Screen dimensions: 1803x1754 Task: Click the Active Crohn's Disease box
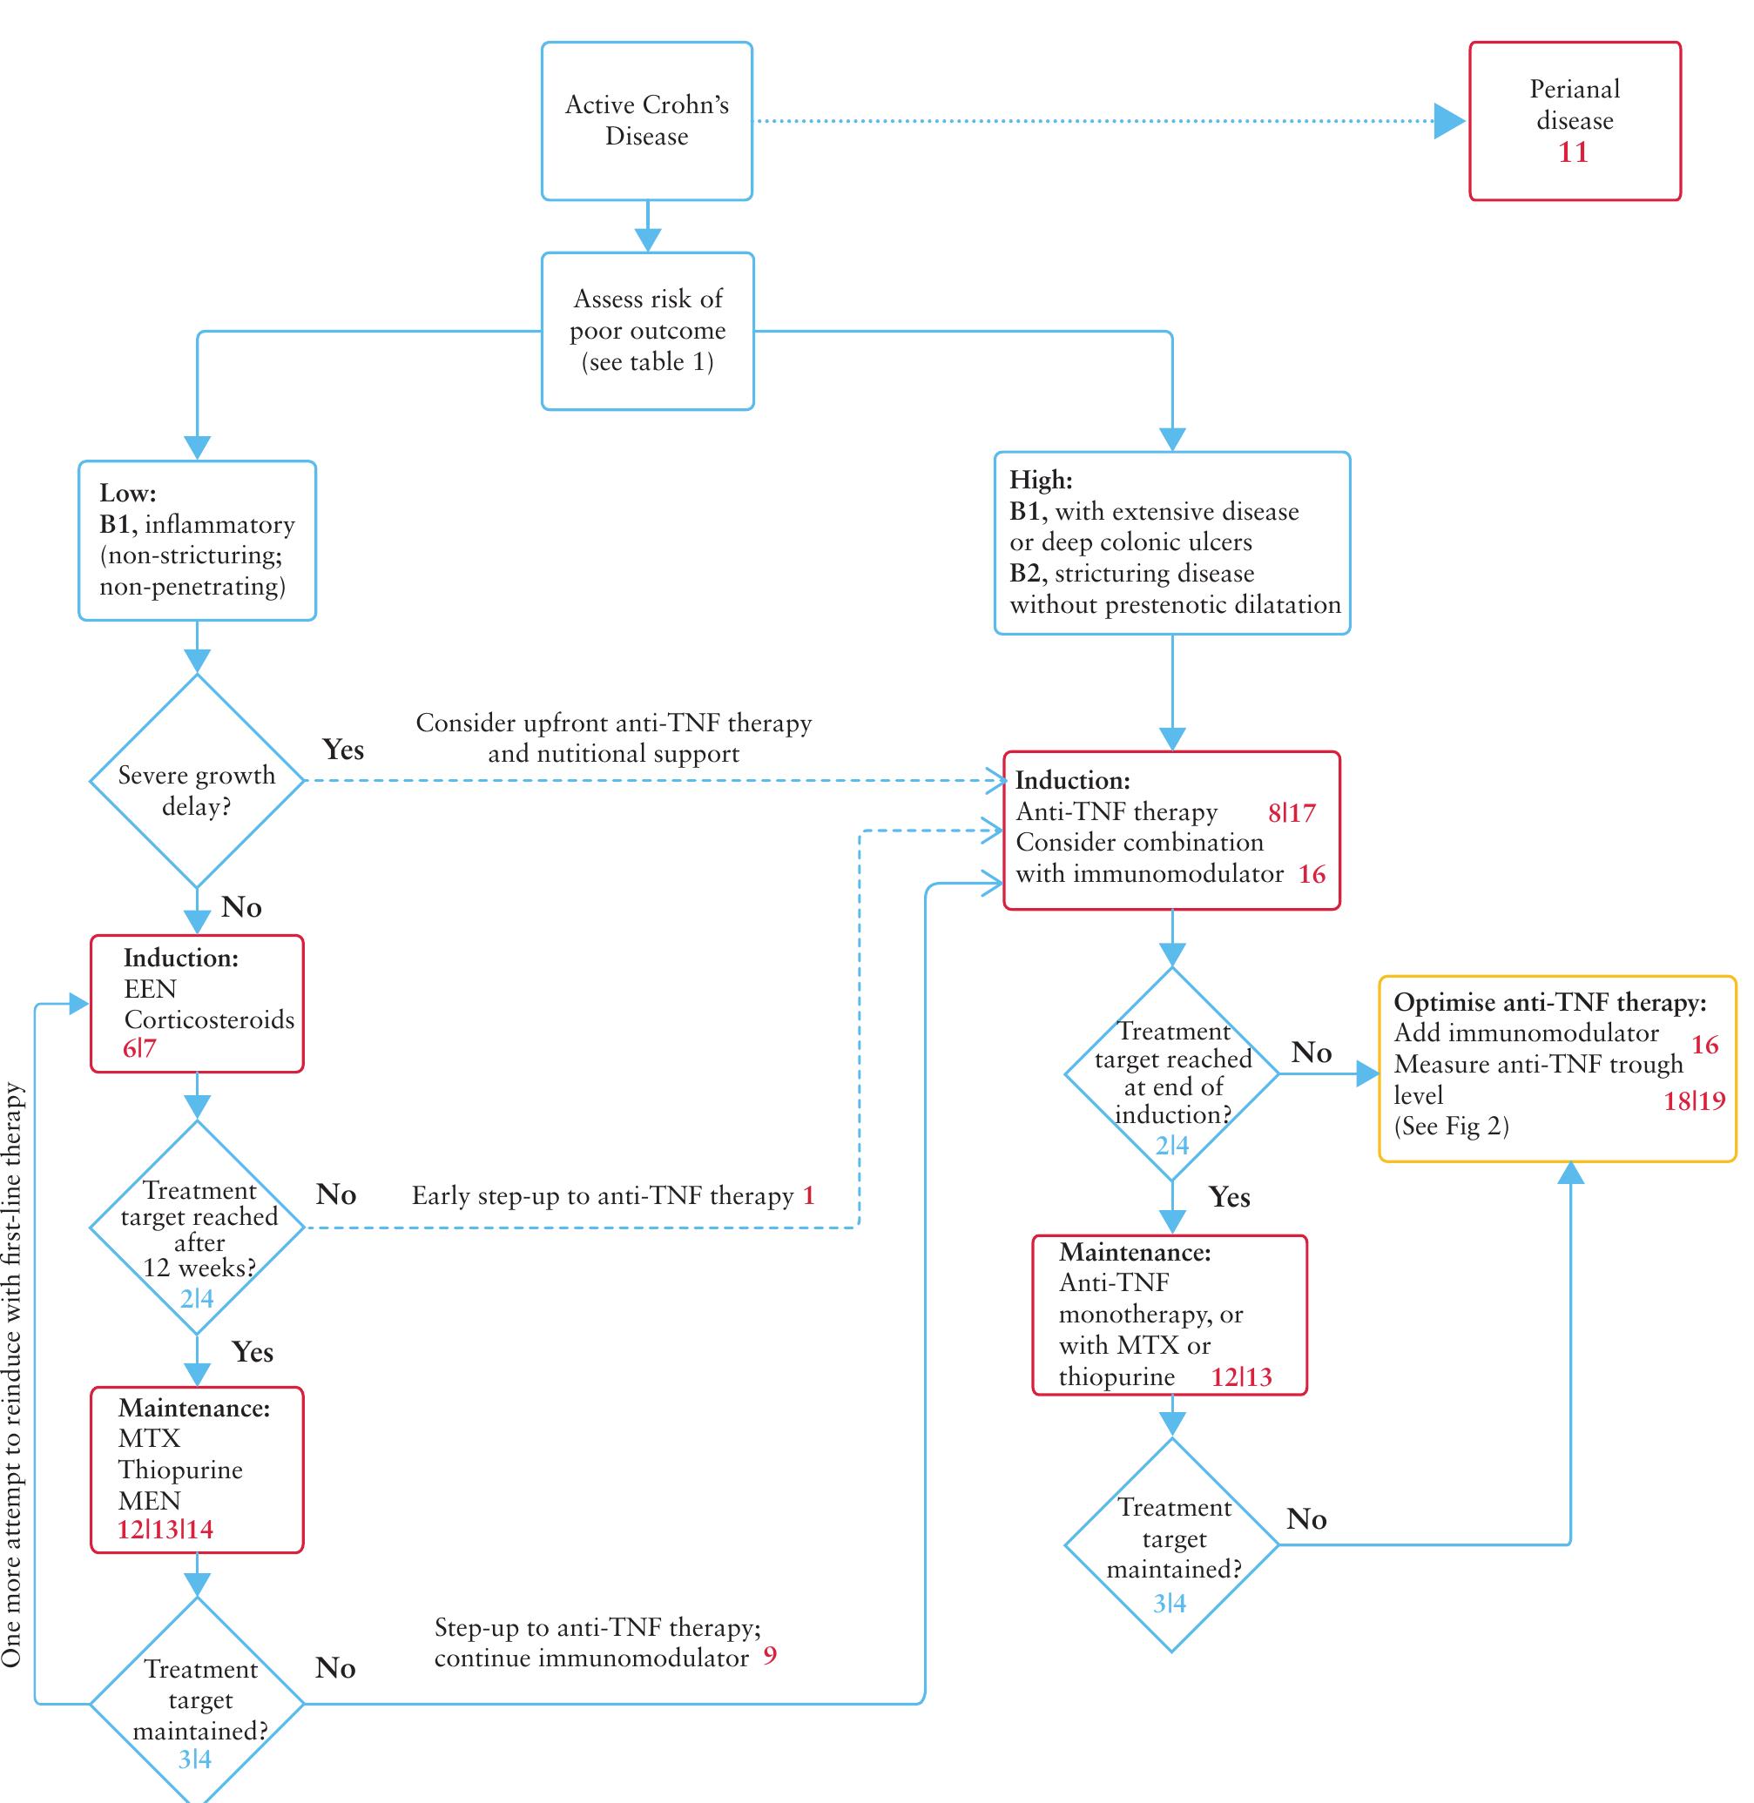coord(647,121)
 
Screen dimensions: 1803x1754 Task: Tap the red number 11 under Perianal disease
coord(1574,152)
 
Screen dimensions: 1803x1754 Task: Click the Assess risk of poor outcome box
coord(647,331)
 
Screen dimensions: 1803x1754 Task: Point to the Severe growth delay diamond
coord(196,781)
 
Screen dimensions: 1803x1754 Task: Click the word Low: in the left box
coord(128,493)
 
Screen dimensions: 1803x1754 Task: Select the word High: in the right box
coord(1041,480)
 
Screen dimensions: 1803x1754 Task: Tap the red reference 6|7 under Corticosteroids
coord(140,1048)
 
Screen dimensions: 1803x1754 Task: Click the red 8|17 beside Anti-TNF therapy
coord(1292,812)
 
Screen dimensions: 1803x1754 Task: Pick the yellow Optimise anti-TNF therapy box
coord(1557,1068)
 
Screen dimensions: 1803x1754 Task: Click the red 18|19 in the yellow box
coord(1693,1101)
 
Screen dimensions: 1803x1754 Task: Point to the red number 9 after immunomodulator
coord(770,1656)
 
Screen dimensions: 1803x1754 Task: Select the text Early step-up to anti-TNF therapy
coord(603,1195)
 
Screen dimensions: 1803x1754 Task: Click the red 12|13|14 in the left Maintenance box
coord(165,1530)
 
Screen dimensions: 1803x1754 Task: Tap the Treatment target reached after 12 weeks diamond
coord(196,1228)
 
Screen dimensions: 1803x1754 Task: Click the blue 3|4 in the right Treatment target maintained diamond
coord(1169,1603)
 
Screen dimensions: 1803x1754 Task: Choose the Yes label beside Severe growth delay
coord(342,750)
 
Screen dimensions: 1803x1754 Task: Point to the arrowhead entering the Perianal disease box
coord(1450,121)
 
